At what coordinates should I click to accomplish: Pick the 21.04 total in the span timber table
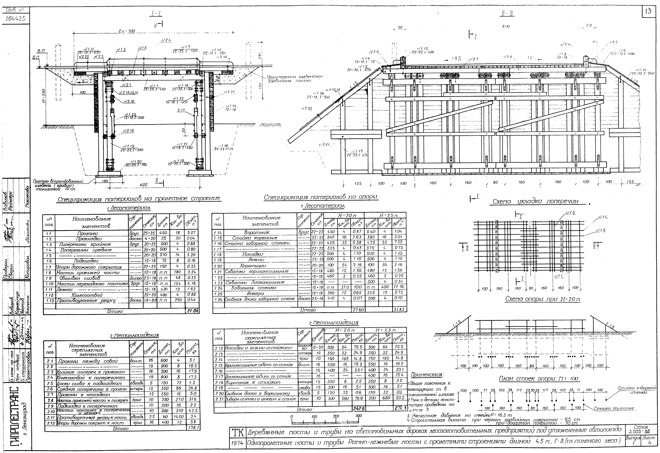click(x=192, y=311)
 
